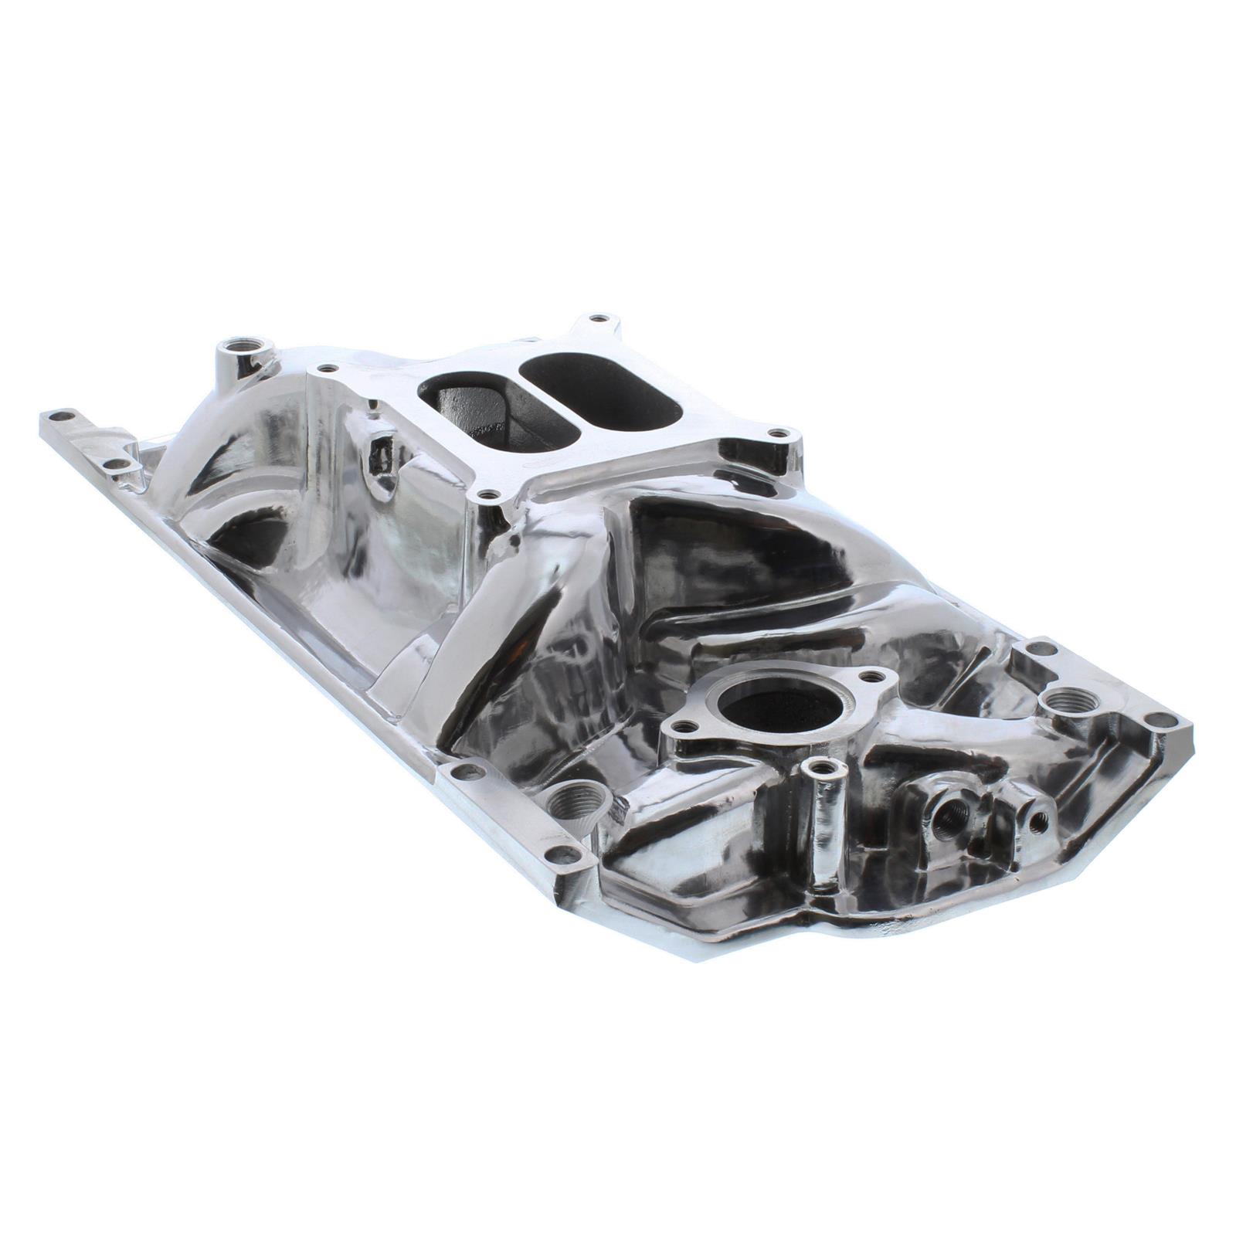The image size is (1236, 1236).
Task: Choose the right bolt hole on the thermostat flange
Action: click(873, 677)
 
